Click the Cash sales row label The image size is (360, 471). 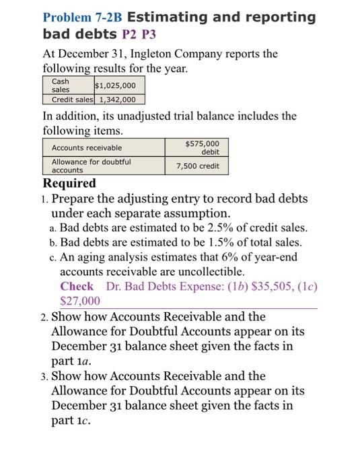click(60, 85)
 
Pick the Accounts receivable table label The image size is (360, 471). click(87, 148)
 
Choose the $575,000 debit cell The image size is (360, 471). click(202, 147)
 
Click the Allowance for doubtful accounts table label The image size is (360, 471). click(91, 166)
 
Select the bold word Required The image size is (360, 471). click(69, 183)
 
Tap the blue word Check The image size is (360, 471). click(77, 287)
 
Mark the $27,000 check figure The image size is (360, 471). click(80, 301)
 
